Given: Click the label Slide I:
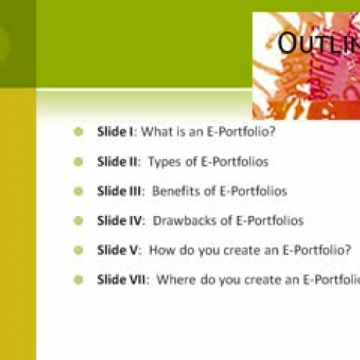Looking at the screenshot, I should pos(117,132).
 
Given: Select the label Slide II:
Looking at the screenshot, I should pos(119,162).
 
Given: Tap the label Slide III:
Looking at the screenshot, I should pos(121,192).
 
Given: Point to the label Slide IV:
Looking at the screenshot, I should pos(121,221).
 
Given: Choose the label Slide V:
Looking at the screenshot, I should pos(120,251).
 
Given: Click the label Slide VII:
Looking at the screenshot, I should pos(123,279).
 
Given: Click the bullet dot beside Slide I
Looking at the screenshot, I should pos(78,132).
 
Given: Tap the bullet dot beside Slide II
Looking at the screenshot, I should pos(78,162).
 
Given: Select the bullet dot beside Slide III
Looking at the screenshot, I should pos(78,192).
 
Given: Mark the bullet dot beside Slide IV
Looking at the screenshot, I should pos(78,221).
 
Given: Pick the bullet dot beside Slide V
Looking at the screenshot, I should pos(78,251).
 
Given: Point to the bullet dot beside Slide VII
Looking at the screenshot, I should pos(78,279).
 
